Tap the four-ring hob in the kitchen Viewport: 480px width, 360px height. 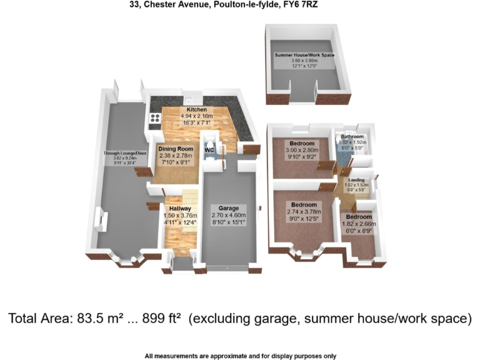tap(154, 119)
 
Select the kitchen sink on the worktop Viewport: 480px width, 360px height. tap(191, 99)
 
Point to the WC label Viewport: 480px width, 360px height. tap(210, 150)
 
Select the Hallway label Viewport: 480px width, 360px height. tap(179, 208)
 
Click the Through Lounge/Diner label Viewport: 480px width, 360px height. tap(125, 152)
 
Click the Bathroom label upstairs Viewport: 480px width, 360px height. tap(352, 136)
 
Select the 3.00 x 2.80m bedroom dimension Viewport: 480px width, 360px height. tap(302, 150)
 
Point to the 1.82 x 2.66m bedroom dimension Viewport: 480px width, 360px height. tap(359, 224)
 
